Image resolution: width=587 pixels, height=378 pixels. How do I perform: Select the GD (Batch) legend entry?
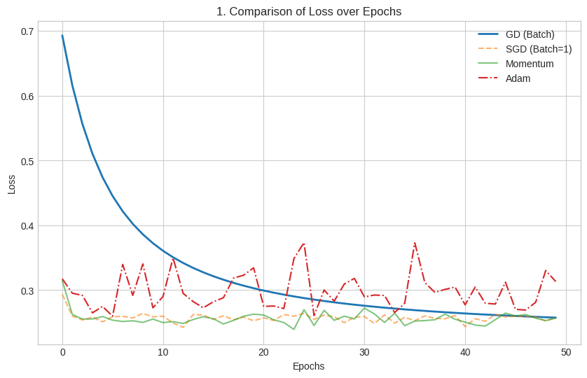[x=530, y=34]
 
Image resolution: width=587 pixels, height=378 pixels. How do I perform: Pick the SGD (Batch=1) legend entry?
[x=538, y=49]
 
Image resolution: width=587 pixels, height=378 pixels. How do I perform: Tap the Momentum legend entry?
[x=530, y=64]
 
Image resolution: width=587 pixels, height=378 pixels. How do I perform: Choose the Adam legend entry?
[x=518, y=78]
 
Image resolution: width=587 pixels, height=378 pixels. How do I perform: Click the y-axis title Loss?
[x=11, y=184]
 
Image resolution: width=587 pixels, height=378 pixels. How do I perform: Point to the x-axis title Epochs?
[x=308, y=366]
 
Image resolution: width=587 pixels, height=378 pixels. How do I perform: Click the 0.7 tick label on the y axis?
[x=27, y=31]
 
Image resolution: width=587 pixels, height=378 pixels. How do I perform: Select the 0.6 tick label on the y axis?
[x=27, y=96]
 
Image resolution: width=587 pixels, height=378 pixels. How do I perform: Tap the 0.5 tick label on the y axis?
[x=27, y=161]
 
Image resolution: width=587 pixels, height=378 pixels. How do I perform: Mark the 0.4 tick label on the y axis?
[x=27, y=225]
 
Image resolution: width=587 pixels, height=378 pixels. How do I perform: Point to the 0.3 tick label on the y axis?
[x=27, y=290]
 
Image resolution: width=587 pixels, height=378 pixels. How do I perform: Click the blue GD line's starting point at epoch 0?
[x=62, y=36]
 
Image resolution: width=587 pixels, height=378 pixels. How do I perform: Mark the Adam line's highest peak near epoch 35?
[x=415, y=243]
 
